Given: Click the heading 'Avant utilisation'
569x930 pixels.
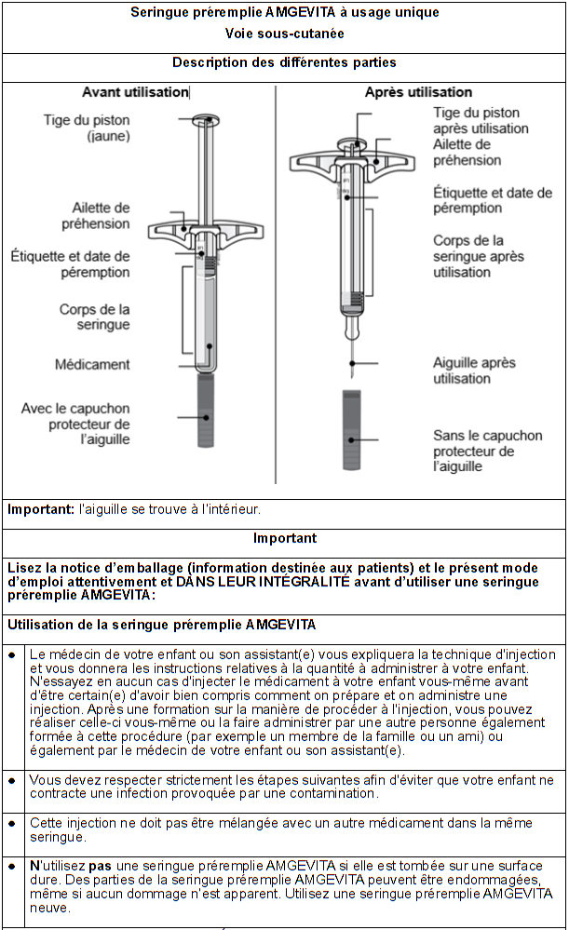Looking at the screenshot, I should coord(135,92).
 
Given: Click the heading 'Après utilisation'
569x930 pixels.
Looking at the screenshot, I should coord(418,92).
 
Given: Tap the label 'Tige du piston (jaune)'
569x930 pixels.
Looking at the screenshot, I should coord(87,128).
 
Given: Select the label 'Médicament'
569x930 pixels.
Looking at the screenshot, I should coord(92,364).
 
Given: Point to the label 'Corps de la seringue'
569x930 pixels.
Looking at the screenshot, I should coord(94,317).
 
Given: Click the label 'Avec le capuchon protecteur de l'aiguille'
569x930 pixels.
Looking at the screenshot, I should coord(75,424).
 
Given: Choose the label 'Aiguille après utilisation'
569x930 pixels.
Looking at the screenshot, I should coord(474,371).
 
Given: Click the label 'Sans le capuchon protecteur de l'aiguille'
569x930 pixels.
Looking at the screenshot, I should coord(487,451).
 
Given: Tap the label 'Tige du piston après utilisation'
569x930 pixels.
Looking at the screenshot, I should coord(476,120).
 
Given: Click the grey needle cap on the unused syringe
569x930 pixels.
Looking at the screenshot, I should coord(206,410).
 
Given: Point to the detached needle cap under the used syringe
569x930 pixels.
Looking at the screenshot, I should coord(352,431).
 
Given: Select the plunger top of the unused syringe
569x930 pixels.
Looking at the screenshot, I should coord(205,120).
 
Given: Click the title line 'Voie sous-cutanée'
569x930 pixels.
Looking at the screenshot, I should coord(284,34).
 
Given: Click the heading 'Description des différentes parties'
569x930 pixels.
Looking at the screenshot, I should coord(284,63).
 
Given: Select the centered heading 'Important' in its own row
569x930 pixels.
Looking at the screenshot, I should coord(284,538).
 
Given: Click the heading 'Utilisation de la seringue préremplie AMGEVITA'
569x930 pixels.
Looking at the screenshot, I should coord(161,624).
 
